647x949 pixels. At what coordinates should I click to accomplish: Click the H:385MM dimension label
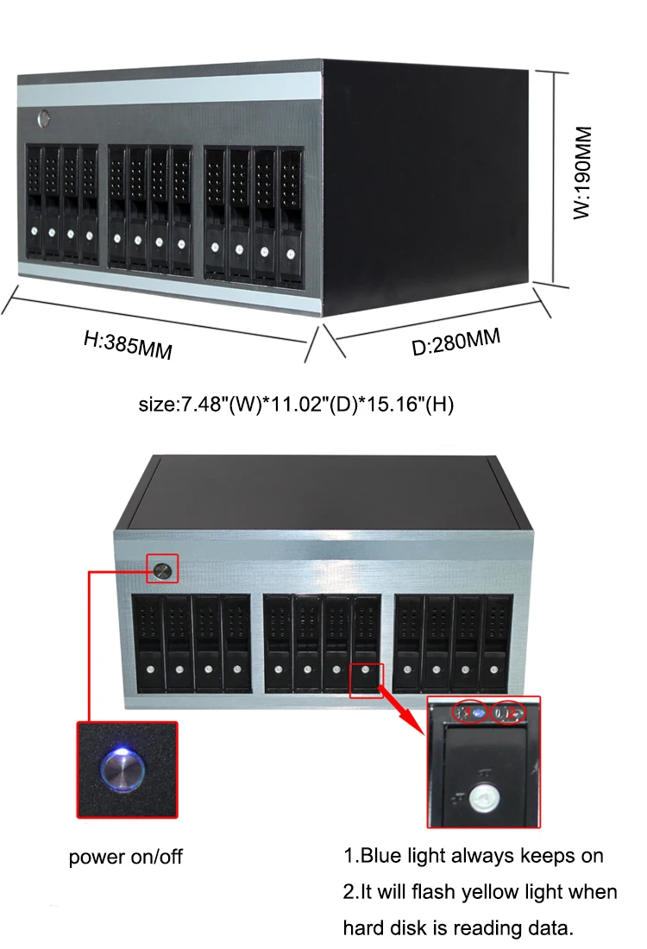pos(128,346)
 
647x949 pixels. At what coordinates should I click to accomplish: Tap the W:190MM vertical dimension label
pos(584,173)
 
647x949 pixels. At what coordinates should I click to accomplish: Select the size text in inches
pos(296,404)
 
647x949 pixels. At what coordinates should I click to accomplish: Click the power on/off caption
pos(126,857)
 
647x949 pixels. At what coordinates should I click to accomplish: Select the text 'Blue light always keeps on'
pos(481,856)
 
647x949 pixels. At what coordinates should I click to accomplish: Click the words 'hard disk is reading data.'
pos(458,927)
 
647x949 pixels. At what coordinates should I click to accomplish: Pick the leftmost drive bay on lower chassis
pos(148,643)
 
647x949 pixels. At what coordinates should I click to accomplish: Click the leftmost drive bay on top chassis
pos(35,204)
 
